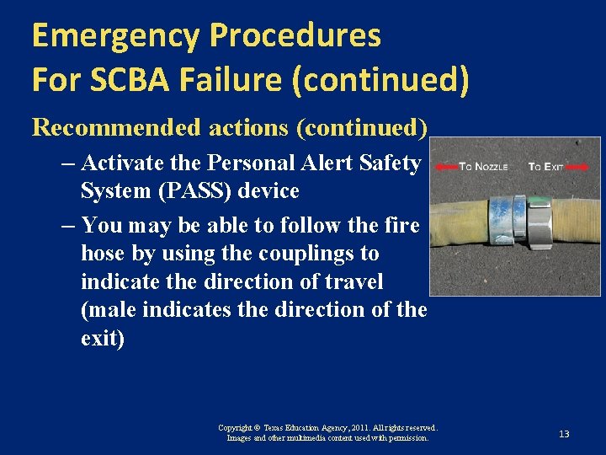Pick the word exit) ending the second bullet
click(102, 339)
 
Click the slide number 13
click(564, 434)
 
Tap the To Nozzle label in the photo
click(483, 167)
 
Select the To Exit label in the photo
click(545, 167)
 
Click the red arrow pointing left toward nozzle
click(446, 167)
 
